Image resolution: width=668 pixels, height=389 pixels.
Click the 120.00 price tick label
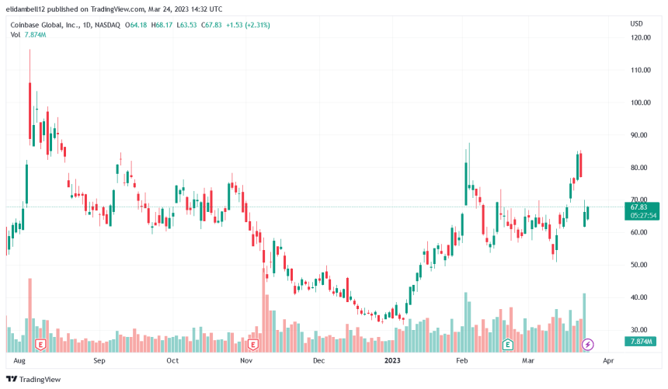640,37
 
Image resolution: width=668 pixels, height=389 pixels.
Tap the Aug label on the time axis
20,361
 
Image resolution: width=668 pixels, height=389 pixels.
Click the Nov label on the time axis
246,361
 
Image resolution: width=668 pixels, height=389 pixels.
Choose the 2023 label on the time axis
393,361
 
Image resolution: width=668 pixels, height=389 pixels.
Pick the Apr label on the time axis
608,361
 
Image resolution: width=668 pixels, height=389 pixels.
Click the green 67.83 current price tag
639,207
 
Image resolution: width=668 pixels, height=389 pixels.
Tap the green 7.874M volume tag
641,342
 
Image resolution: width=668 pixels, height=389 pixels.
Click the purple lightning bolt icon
588,344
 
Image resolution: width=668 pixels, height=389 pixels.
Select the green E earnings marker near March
508,344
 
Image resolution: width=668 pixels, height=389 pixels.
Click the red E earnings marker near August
40,343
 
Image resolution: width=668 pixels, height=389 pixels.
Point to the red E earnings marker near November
253,343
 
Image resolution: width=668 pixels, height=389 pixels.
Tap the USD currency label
635,23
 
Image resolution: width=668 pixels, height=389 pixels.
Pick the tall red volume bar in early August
30,311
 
